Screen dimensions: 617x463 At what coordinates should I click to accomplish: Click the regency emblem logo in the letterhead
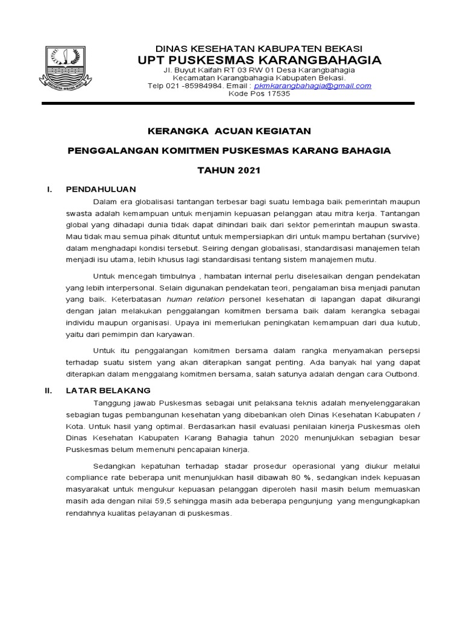click(66, 66)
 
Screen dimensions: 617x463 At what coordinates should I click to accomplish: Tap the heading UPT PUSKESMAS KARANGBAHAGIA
click(259, 60)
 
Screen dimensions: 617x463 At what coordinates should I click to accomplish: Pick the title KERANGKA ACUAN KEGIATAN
click(229, 131)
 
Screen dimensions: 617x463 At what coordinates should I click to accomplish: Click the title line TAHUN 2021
click(229, 171)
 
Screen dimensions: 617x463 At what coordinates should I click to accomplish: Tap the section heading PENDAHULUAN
click(101, 189)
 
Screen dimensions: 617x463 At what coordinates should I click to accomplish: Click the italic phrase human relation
click(195, 299)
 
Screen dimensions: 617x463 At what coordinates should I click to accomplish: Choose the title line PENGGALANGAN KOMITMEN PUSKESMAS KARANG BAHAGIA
click(229, 151)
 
